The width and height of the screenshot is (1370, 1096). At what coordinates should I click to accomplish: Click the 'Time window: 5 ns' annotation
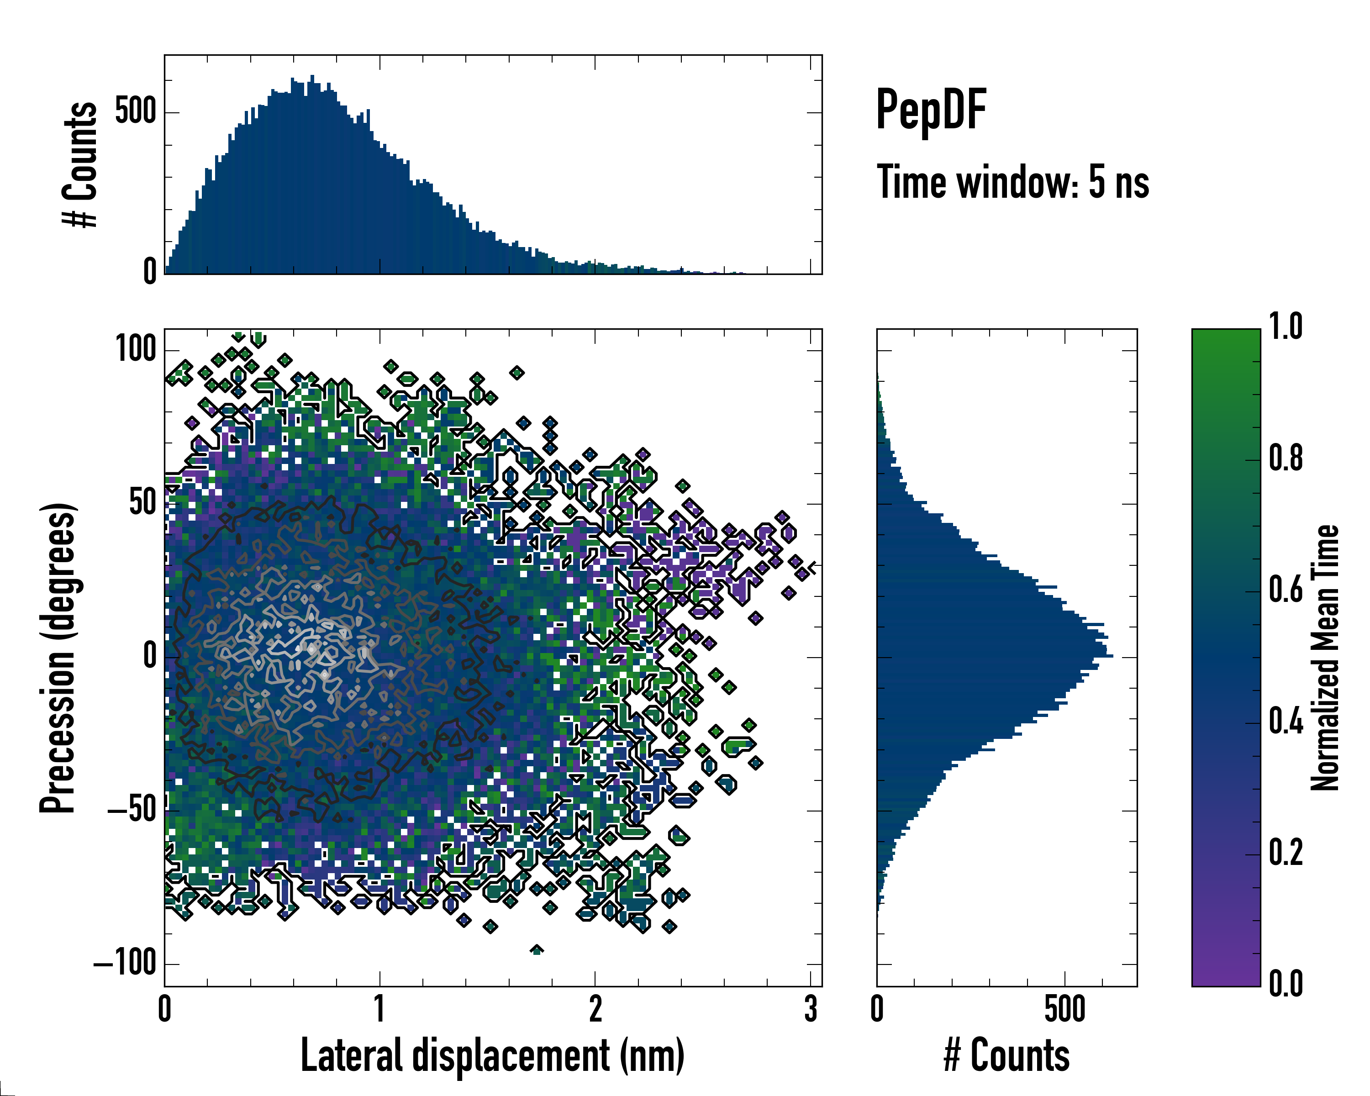1013,182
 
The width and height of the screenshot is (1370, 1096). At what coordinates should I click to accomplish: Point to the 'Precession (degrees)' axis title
58,658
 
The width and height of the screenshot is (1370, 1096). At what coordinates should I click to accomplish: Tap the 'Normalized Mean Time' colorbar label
1325,658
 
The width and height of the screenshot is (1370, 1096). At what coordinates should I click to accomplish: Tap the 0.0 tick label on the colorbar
1286,984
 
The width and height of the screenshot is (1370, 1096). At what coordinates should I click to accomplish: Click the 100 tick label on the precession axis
135,349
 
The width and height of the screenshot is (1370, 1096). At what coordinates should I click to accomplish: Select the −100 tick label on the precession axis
126,964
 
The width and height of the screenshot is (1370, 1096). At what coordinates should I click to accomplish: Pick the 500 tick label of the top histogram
135,112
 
